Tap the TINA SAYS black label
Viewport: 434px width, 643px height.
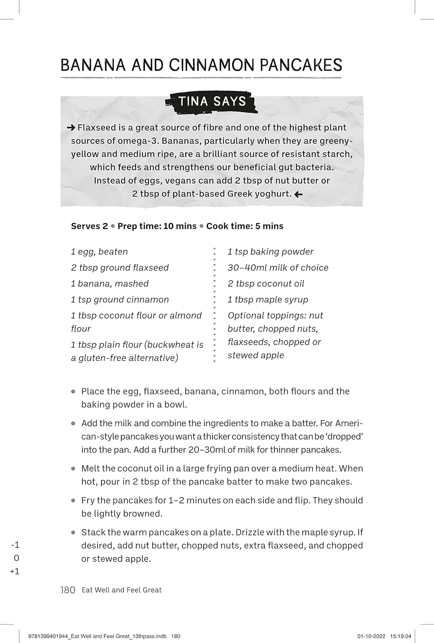tap(212, 102)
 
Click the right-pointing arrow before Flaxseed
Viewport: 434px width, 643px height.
tap(71, 128)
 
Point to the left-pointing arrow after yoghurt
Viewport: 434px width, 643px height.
tap(298, 194)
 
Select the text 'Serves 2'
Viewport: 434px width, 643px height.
tap(89, 226)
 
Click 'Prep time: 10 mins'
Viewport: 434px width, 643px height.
tap(157, 226)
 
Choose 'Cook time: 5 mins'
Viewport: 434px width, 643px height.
tap(244, 226)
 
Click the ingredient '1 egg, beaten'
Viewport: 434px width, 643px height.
tap(99, 252)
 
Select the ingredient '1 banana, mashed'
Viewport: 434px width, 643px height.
tap(110, 283)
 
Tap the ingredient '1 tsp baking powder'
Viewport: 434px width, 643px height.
tap(270, 252)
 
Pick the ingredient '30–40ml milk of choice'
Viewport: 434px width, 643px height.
tap(278, 267)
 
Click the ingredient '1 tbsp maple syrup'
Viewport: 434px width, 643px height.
tap(268, 299)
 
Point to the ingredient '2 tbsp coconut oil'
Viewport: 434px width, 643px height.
tap(266, 283)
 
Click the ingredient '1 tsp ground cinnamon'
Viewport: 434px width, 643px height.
tap(120, 299)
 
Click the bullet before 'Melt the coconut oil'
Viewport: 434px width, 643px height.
tap(73, 469)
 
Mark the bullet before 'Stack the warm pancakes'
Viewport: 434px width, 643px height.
tap(73, 532)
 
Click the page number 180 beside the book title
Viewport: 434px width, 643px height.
tap(68, 590)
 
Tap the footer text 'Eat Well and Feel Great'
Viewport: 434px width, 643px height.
tap(121, 590)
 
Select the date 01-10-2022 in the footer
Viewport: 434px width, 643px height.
tap(371, 636)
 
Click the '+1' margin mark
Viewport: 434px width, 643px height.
tap(15, 571)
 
